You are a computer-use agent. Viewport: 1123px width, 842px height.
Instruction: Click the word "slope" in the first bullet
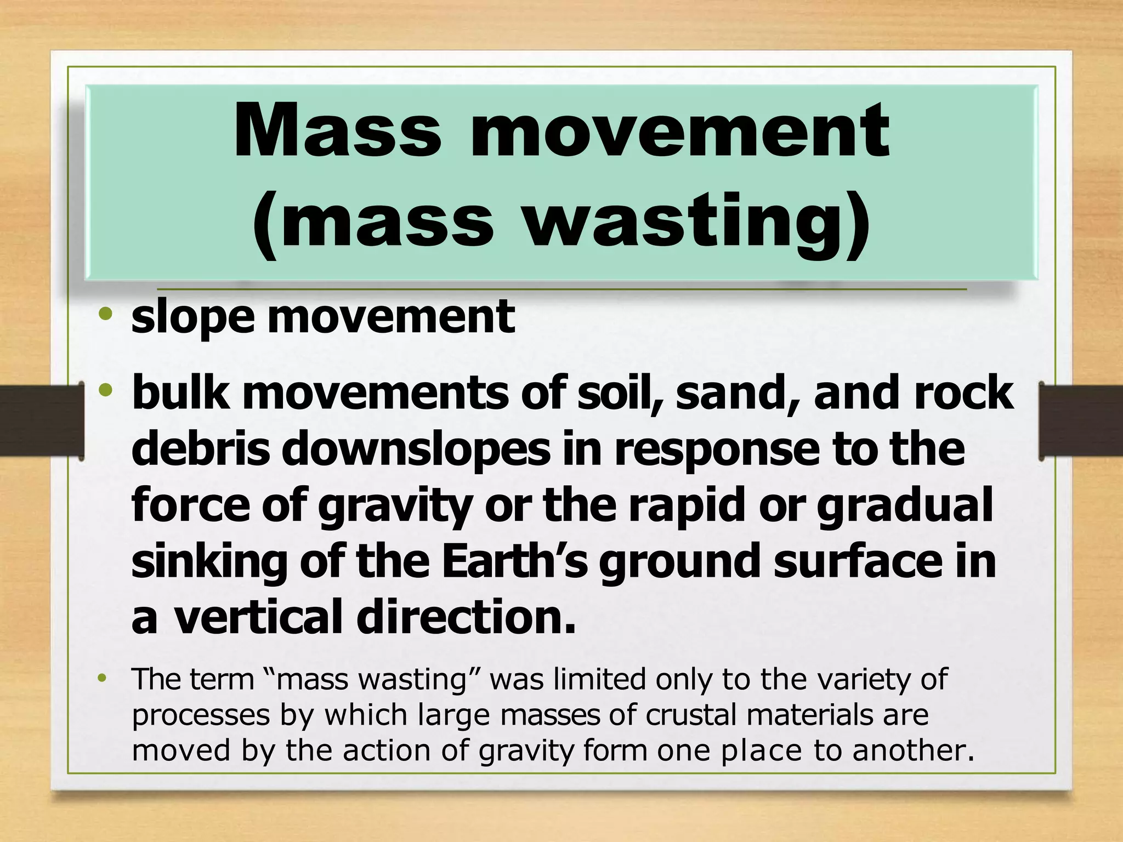tap(192, 318)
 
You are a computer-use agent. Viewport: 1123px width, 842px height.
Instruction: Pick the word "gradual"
tap(905, 505)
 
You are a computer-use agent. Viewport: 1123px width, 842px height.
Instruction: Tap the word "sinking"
tap(209, 561)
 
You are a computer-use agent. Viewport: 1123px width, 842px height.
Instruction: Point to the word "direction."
tap(467, 616)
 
